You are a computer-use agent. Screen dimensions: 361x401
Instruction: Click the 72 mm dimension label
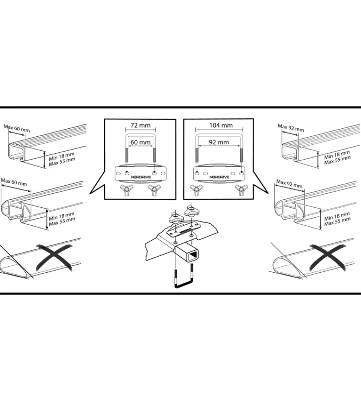[140, 125]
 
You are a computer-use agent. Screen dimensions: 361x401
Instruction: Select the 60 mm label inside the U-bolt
[140, 142]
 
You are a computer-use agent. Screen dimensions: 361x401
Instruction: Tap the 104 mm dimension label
[221, 125]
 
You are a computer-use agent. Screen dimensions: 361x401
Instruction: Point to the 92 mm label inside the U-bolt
[219, 142]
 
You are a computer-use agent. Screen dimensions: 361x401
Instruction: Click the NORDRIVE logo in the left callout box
[141, 177]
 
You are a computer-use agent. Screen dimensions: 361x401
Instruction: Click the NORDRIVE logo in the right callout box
[219, 177]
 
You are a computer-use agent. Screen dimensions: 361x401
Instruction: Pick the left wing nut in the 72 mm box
[127, 190]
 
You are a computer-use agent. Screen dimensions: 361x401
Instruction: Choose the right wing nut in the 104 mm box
[241, 190]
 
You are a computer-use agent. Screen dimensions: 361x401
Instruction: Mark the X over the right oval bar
[327, 257]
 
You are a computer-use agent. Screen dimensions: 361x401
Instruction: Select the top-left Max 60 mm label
[16, 128]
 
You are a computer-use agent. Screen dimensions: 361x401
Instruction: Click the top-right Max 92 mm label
[291, 128]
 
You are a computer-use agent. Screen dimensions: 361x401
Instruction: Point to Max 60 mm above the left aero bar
[14, 182]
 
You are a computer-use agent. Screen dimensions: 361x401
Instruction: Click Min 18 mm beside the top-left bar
[61, 156]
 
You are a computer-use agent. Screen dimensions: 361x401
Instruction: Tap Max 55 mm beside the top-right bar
[337, 160]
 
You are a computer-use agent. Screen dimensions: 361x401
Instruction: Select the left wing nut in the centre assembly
[175, 218]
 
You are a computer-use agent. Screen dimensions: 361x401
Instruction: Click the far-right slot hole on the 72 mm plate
[163, 174]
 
